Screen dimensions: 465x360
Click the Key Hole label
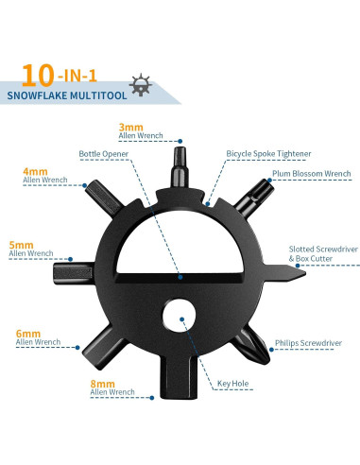(232, 383)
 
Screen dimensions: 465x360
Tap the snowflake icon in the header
(143, 83)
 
